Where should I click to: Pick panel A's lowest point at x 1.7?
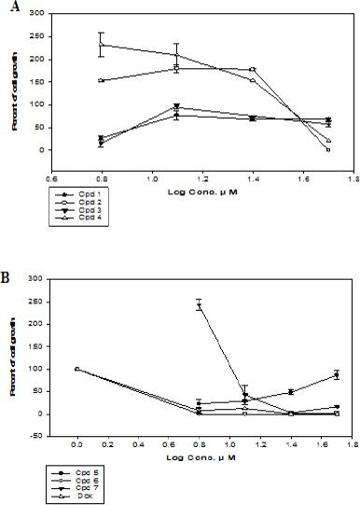(328, 149)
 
